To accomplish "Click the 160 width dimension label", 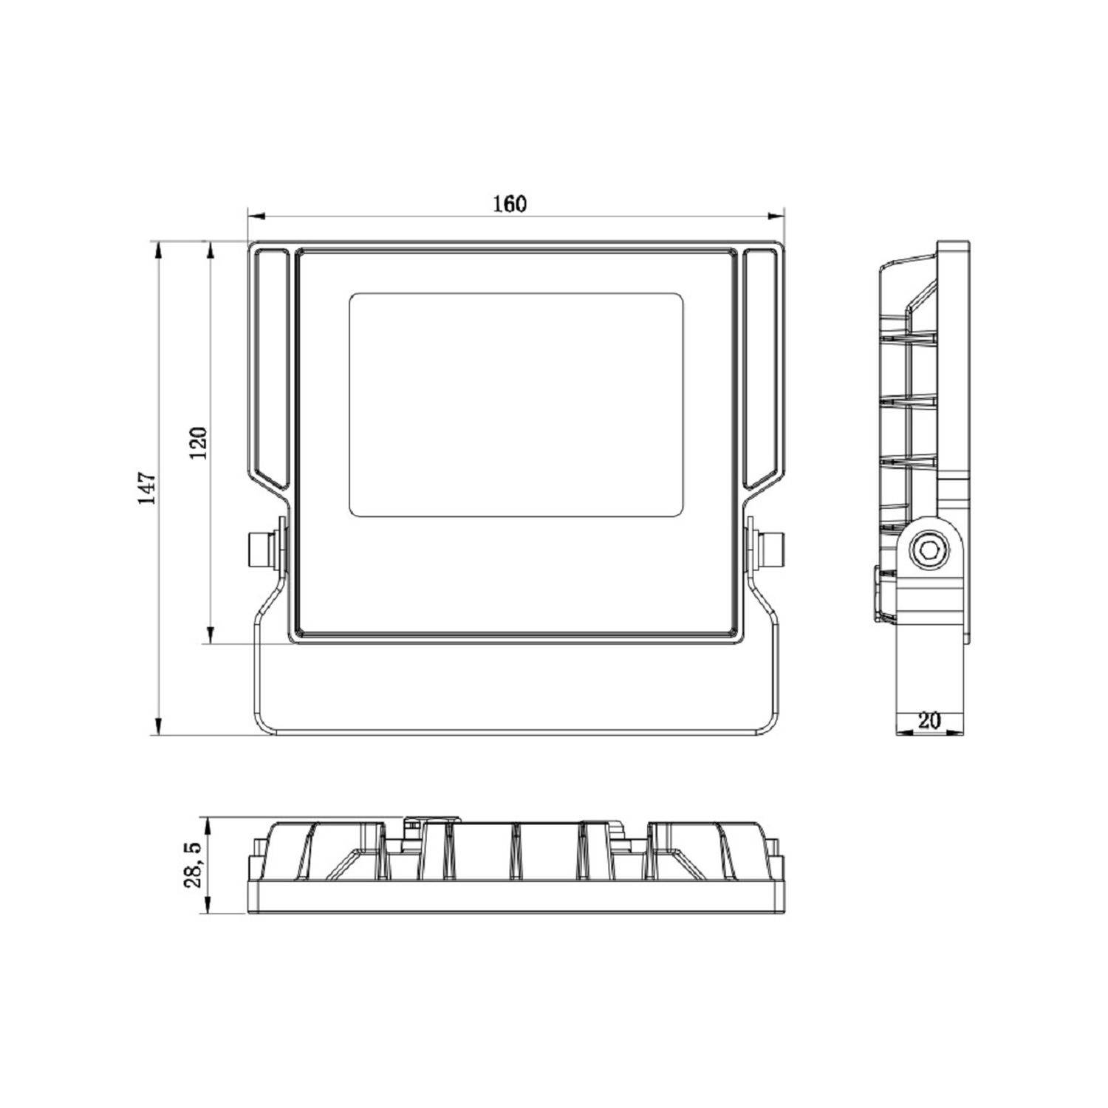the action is click(510, 203).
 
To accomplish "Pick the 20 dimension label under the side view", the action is click(930, 721).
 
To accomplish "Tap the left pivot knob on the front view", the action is click(261, 548).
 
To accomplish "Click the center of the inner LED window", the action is click(516, 403).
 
